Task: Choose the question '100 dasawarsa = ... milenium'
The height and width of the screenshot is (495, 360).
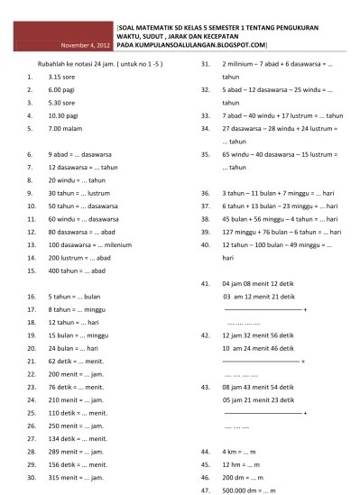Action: click(97, 244)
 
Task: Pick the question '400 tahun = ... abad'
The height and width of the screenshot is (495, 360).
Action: click(80, 270)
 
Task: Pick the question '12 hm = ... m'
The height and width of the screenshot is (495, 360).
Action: click(244, 463)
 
